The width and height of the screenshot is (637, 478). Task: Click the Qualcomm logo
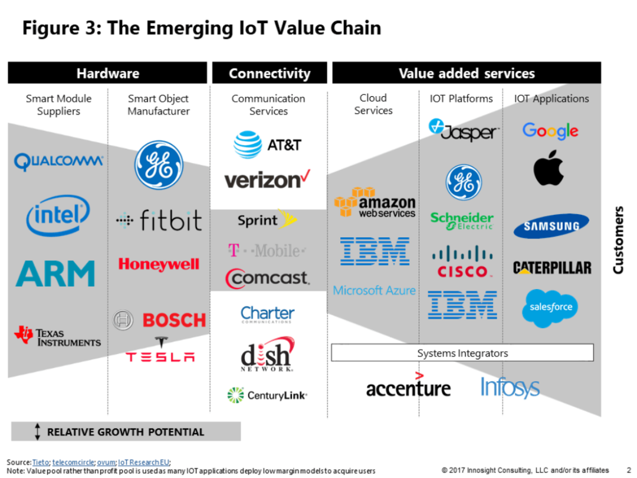click(58, 161)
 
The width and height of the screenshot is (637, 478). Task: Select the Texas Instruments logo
click(57, 337)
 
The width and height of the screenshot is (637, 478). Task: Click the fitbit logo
click(159, 221)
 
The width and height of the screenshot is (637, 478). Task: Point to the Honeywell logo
click(159, 264)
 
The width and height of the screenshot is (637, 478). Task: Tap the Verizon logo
click(267, 179)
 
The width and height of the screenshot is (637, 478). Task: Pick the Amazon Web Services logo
click(375, 202)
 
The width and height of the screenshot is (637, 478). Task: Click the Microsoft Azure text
click(374, 290)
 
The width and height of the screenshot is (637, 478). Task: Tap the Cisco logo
click(462, 263)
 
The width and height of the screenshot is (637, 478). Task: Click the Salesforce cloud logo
click(550, 307)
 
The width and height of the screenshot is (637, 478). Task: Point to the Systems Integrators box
click(462, 353)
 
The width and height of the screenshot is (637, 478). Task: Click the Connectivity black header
click(269, 73)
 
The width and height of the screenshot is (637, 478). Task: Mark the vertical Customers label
click(618, 239)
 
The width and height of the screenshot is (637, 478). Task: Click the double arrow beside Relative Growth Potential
click(38, 431)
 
